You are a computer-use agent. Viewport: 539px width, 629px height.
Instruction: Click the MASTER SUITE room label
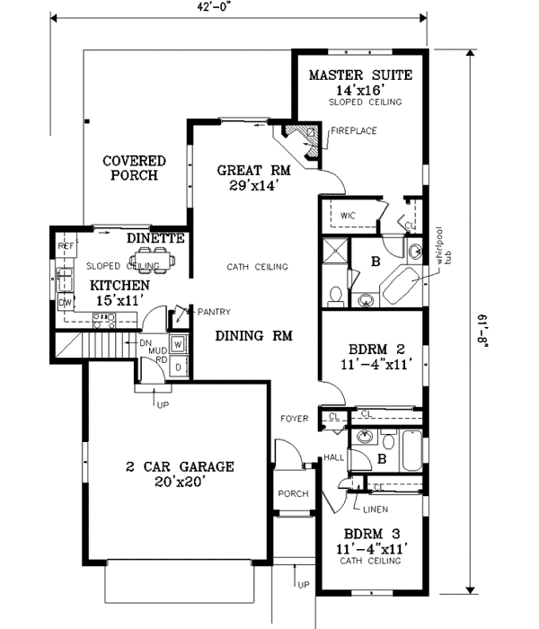point(360,75)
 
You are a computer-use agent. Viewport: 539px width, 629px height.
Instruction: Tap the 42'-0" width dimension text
point(237,7)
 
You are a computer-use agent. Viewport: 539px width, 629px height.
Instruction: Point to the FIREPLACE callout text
point(352,131)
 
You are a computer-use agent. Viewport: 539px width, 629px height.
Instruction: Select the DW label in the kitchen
point(65,304)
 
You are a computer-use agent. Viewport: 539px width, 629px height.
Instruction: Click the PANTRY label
point(214,312)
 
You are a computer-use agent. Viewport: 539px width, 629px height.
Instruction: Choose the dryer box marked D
point(178,366)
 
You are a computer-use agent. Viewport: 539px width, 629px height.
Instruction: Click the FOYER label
point(294,419)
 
